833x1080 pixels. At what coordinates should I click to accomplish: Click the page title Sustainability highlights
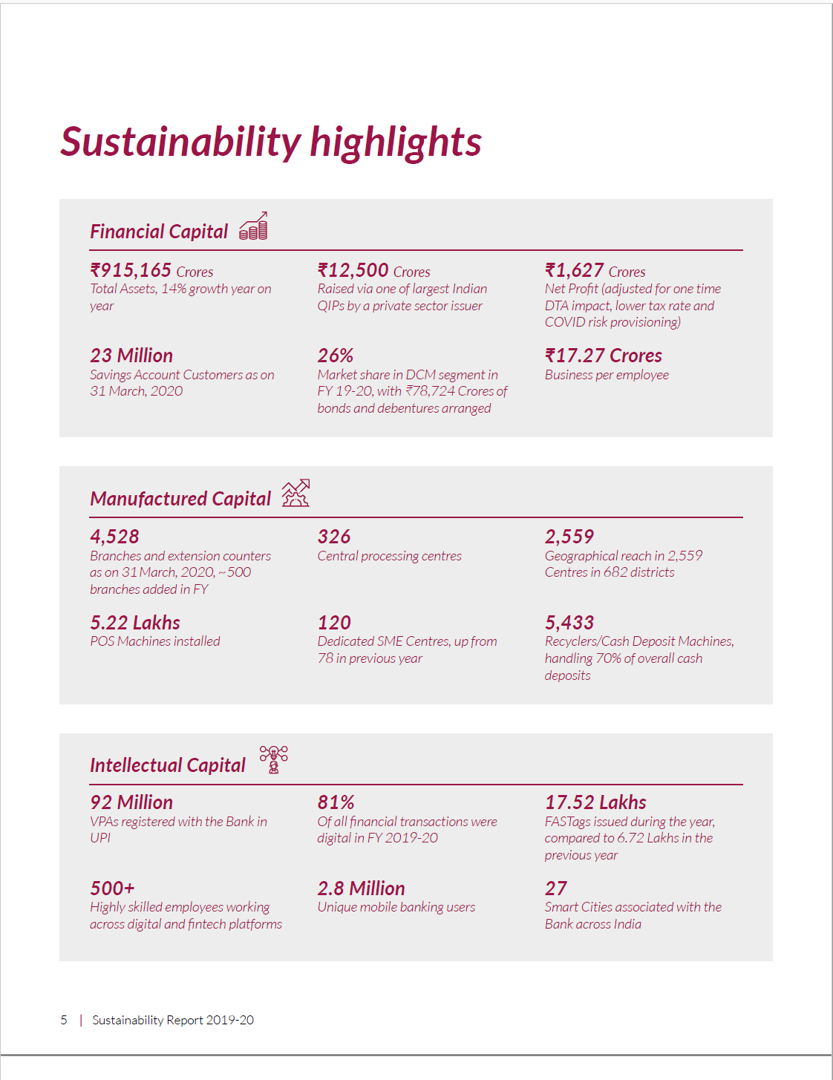(x=270, y=142)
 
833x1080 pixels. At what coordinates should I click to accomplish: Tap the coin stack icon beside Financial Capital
(x=253, y=226)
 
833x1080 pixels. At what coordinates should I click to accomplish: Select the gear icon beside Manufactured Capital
(x=295, y=494)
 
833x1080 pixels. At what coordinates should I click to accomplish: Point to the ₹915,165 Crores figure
(x=151, y=270)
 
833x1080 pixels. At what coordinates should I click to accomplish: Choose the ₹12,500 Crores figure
(x=373, y=270)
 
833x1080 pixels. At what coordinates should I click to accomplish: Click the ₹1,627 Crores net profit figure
(x=595, y=270)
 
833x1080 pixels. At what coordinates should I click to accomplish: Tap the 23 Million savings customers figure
(x=131, y=356)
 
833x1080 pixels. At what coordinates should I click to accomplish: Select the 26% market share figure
(x=336, y=356)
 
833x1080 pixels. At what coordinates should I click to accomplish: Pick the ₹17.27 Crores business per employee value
(x=603, y=356)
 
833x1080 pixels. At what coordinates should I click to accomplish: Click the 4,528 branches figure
(x=114, y=537)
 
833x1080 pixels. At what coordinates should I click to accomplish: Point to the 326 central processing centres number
(x=334, y=537)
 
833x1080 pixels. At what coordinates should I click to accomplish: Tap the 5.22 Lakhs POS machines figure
(x=135, y=623)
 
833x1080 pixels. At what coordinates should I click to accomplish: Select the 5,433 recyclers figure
(x=569, y=623)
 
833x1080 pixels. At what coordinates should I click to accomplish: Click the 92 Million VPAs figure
(x=131, y=802)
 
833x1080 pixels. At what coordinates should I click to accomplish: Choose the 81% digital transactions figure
(x=336, y=802)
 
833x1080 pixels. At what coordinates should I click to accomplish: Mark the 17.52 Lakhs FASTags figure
(x=595, y=802)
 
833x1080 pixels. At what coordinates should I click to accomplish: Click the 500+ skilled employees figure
(x=112, y=888)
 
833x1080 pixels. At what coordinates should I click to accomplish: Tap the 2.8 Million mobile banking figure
(x=361, y=888)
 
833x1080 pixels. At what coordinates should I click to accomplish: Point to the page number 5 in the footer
(x=64, y=1020)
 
